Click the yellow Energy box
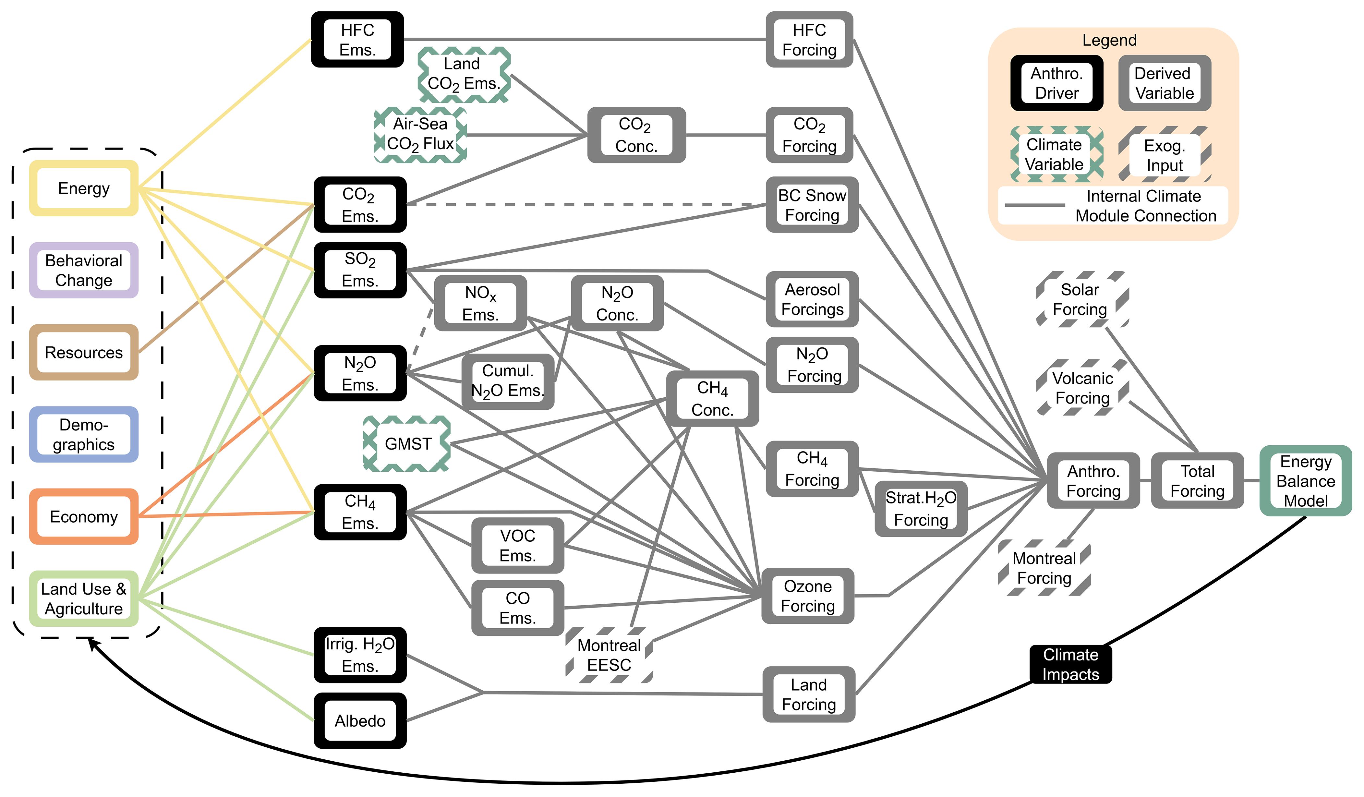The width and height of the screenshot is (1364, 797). pos(84,188)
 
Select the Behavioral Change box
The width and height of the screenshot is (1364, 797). pos(84,270)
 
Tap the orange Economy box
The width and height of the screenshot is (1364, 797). pos(84,516)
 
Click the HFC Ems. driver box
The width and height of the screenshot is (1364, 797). pos(357,40)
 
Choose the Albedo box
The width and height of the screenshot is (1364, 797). pos(360,721)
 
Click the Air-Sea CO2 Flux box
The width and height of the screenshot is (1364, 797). pos(421,134)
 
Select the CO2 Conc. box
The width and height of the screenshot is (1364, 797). pos(636,135)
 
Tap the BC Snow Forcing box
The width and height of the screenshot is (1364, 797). pos(812,205)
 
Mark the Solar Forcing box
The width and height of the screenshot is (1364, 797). pos(1080,299)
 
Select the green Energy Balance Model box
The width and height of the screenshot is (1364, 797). pos(1306,481)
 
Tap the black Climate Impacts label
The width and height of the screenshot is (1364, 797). pos(1071,664)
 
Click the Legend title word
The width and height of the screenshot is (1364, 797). pos(1109,40)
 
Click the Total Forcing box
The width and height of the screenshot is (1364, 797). pos(1197,481)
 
